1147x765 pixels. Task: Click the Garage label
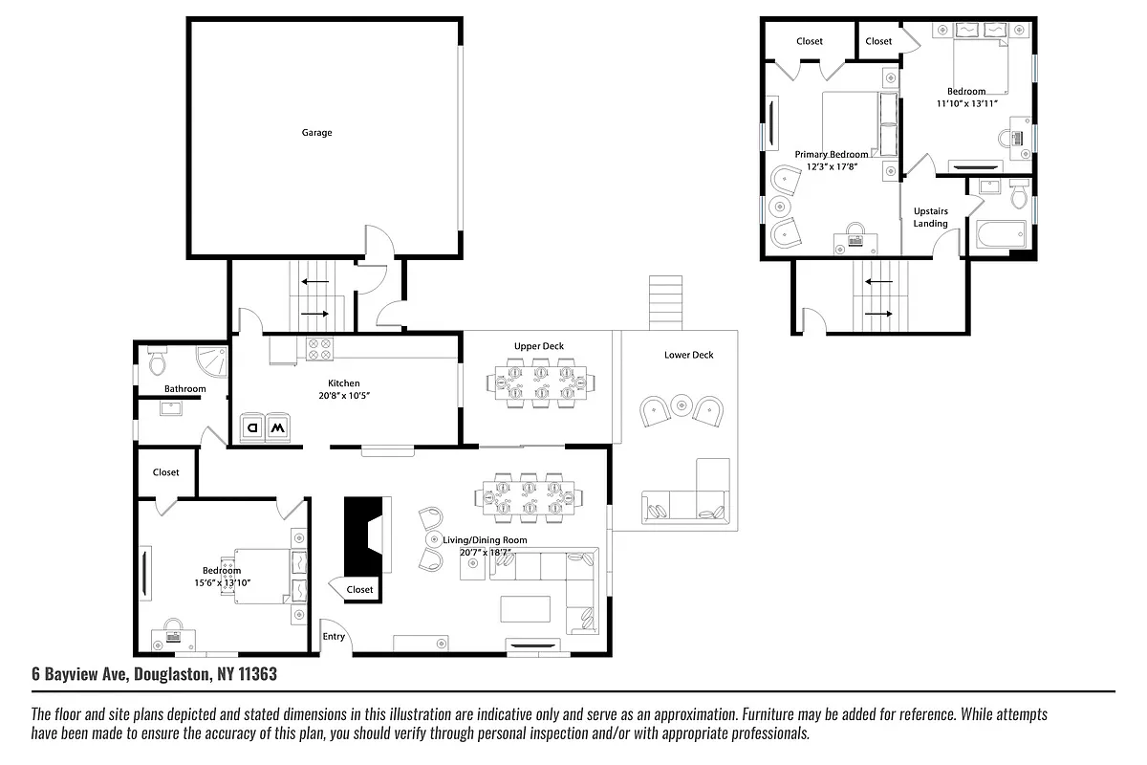pos(316,133)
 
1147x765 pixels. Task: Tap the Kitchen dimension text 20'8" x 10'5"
pos(343,395)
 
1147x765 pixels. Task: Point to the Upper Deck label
pos(540,346)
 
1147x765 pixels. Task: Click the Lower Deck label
pos(688,355)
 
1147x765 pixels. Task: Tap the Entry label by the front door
pos(334,637)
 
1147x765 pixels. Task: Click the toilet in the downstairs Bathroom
pos(158,361)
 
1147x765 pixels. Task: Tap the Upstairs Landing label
pos(930,217)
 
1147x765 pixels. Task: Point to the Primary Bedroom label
pos(832,154)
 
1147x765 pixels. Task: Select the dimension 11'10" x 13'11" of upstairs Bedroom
pos(966,103)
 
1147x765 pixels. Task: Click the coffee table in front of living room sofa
pos(525,609)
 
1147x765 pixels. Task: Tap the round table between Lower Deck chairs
pos(681,404)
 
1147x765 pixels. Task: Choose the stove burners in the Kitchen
pos(318,350)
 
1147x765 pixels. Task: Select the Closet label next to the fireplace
pos(360,590)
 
